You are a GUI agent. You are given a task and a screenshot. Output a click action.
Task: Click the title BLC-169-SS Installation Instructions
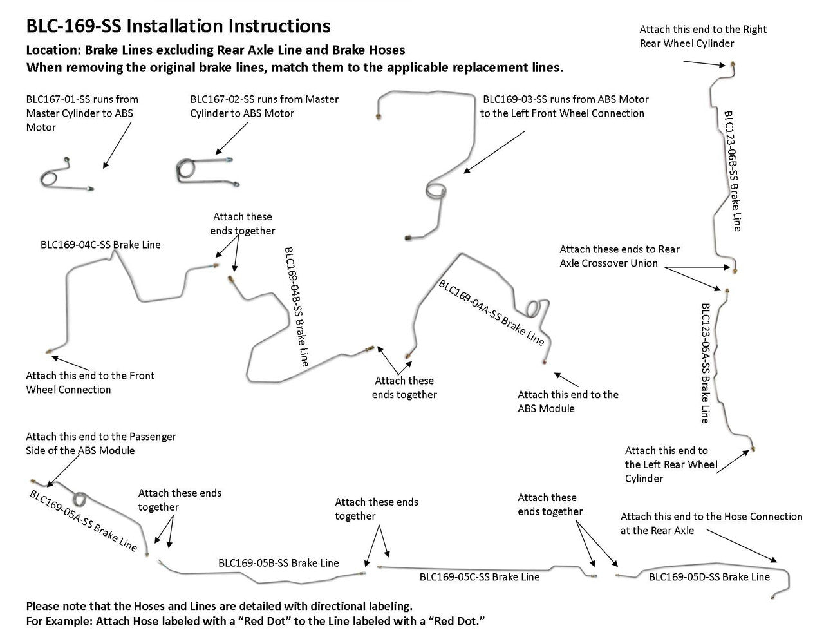(178, 26)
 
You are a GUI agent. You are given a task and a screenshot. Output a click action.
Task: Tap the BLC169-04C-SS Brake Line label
(100, 245)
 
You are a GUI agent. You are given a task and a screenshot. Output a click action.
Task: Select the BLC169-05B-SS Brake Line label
(278, 563)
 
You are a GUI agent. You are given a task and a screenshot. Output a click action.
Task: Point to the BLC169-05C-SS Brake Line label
(480, 577)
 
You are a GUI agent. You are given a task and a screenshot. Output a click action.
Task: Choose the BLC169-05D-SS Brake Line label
(709, 577)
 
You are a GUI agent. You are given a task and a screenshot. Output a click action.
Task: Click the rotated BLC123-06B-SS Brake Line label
(733, 171)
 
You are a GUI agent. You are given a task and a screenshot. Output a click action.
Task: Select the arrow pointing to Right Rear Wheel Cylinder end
(705, 62)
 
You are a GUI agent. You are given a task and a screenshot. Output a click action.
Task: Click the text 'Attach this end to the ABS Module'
(568, 401)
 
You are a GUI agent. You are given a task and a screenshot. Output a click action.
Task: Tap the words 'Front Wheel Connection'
(68, 390)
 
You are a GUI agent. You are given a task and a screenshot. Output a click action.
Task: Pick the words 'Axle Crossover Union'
(608, 263)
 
